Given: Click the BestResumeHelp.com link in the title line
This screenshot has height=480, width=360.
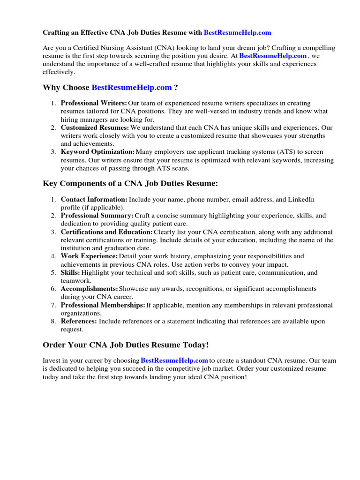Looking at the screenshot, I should [x=237, y=33].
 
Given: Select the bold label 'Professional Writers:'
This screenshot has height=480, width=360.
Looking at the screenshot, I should [x=94, y=103].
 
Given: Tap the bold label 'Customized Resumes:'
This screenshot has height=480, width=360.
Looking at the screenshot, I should [x=95, y=127].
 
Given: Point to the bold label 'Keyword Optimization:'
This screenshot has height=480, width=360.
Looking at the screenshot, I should [x=97, y=152].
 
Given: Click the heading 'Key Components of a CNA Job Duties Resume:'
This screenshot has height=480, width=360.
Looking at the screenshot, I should [x=130, y=183].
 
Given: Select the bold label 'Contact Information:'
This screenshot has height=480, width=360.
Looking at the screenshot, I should [x=94, y=199].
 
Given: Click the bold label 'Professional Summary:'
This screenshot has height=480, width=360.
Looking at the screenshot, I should [x=97, y=216].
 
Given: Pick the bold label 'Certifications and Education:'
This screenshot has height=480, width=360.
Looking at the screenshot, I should [x=106, y=232].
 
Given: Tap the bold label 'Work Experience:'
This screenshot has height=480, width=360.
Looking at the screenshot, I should [x=89, y=256].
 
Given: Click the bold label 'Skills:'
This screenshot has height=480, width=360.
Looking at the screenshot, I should [x=70, y=272].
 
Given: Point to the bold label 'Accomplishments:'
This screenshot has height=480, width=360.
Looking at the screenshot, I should [x=89, y=289].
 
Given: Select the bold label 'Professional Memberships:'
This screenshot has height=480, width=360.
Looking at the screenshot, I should [x=103, y=305].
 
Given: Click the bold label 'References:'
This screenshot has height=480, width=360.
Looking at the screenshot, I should [x=79, y=321].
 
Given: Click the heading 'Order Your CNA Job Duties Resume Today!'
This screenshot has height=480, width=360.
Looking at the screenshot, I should [x=126, y=345].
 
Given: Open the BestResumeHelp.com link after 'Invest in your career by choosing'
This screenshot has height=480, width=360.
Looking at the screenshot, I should [x=174, y=360].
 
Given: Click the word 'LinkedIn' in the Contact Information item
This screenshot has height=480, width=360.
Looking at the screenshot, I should [x=301, y=199].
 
